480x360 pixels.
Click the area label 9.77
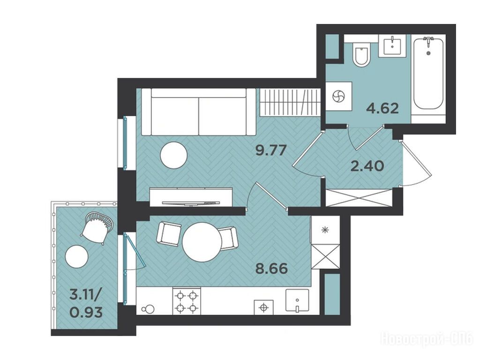[x=271, y=150]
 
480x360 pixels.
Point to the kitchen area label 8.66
[x=272, y=269]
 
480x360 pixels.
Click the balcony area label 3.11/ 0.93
[x=86, y=304]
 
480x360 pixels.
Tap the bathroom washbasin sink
[x=392, y=45]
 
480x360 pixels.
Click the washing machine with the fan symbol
[x=338, y=96]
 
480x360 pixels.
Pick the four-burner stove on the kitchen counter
[x=187, y=301]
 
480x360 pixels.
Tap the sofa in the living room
[x=198, y=112]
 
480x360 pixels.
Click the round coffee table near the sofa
[x=173, y=155]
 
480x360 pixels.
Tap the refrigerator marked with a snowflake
[x=325, y=230]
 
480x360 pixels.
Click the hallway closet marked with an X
[x=359, y=198]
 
